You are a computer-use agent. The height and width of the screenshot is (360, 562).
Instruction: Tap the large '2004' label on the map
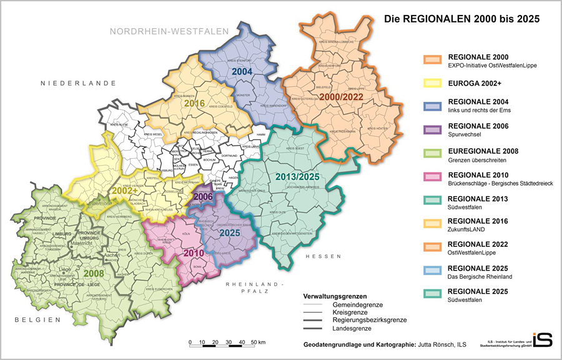click(242, 72)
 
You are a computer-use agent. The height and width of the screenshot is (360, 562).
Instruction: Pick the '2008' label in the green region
click(93, 272)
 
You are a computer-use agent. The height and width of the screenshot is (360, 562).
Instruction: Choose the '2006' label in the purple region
click(204, 197)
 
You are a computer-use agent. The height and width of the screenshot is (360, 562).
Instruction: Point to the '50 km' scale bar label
click(258, 342)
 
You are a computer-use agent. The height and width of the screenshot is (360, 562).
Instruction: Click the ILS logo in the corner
click(541, 339)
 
